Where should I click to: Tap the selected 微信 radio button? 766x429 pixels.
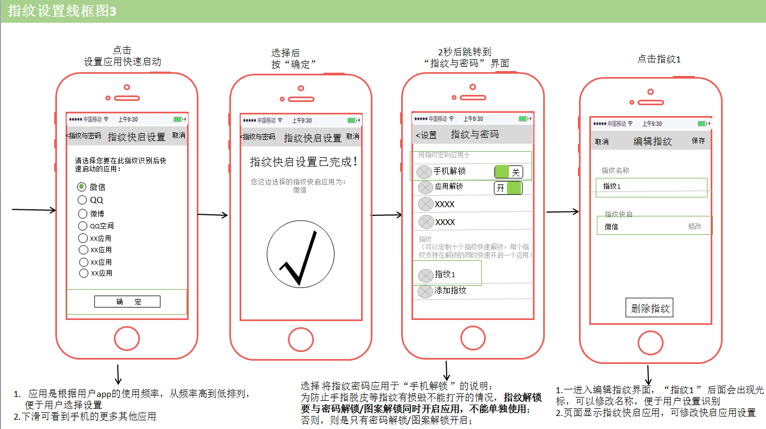click(82, 187)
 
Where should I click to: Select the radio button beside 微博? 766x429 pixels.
click(83, 214)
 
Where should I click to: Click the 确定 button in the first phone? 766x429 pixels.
click(127, 302)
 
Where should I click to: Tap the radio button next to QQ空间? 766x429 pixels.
click(83, 226)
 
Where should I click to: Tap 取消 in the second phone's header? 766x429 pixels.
click(353, 137)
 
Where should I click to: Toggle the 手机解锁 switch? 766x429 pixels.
click(508, 172)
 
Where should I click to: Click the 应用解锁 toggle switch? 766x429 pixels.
click(508, 188)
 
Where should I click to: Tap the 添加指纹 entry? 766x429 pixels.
click(450, 291)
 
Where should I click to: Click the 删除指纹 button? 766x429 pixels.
click(649, 308)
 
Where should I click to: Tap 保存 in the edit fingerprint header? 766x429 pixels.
click(698, 141)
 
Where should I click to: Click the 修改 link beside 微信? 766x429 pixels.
click(694, 227)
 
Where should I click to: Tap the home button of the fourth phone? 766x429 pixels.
click(651, 343)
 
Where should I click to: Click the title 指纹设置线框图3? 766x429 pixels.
click(62, 11)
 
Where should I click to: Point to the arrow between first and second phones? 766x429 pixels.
click(213, 215)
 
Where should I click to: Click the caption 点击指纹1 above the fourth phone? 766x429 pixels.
click(659, 59)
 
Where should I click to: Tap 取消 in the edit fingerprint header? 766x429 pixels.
click(602, 142)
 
